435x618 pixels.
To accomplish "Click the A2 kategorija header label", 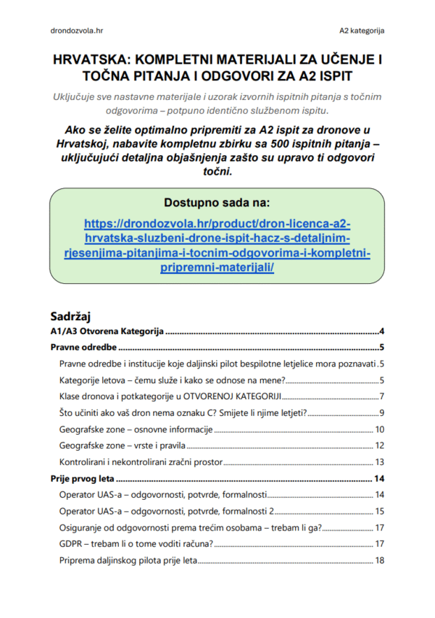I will (361, 31).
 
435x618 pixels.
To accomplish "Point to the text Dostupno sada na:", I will (217, 203).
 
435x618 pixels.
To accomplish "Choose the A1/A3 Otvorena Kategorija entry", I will (107, 331).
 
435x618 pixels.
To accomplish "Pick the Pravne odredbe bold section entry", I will (83, 347).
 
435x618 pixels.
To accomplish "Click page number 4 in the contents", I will (381, 331).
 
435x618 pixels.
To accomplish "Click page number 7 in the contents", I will (381, 396).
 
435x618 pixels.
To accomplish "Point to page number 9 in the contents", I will (381, 413).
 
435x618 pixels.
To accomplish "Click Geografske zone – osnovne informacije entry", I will (136, 429).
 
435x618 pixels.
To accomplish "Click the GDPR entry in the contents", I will (134, 543).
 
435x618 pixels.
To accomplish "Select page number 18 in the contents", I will (378, 560).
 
